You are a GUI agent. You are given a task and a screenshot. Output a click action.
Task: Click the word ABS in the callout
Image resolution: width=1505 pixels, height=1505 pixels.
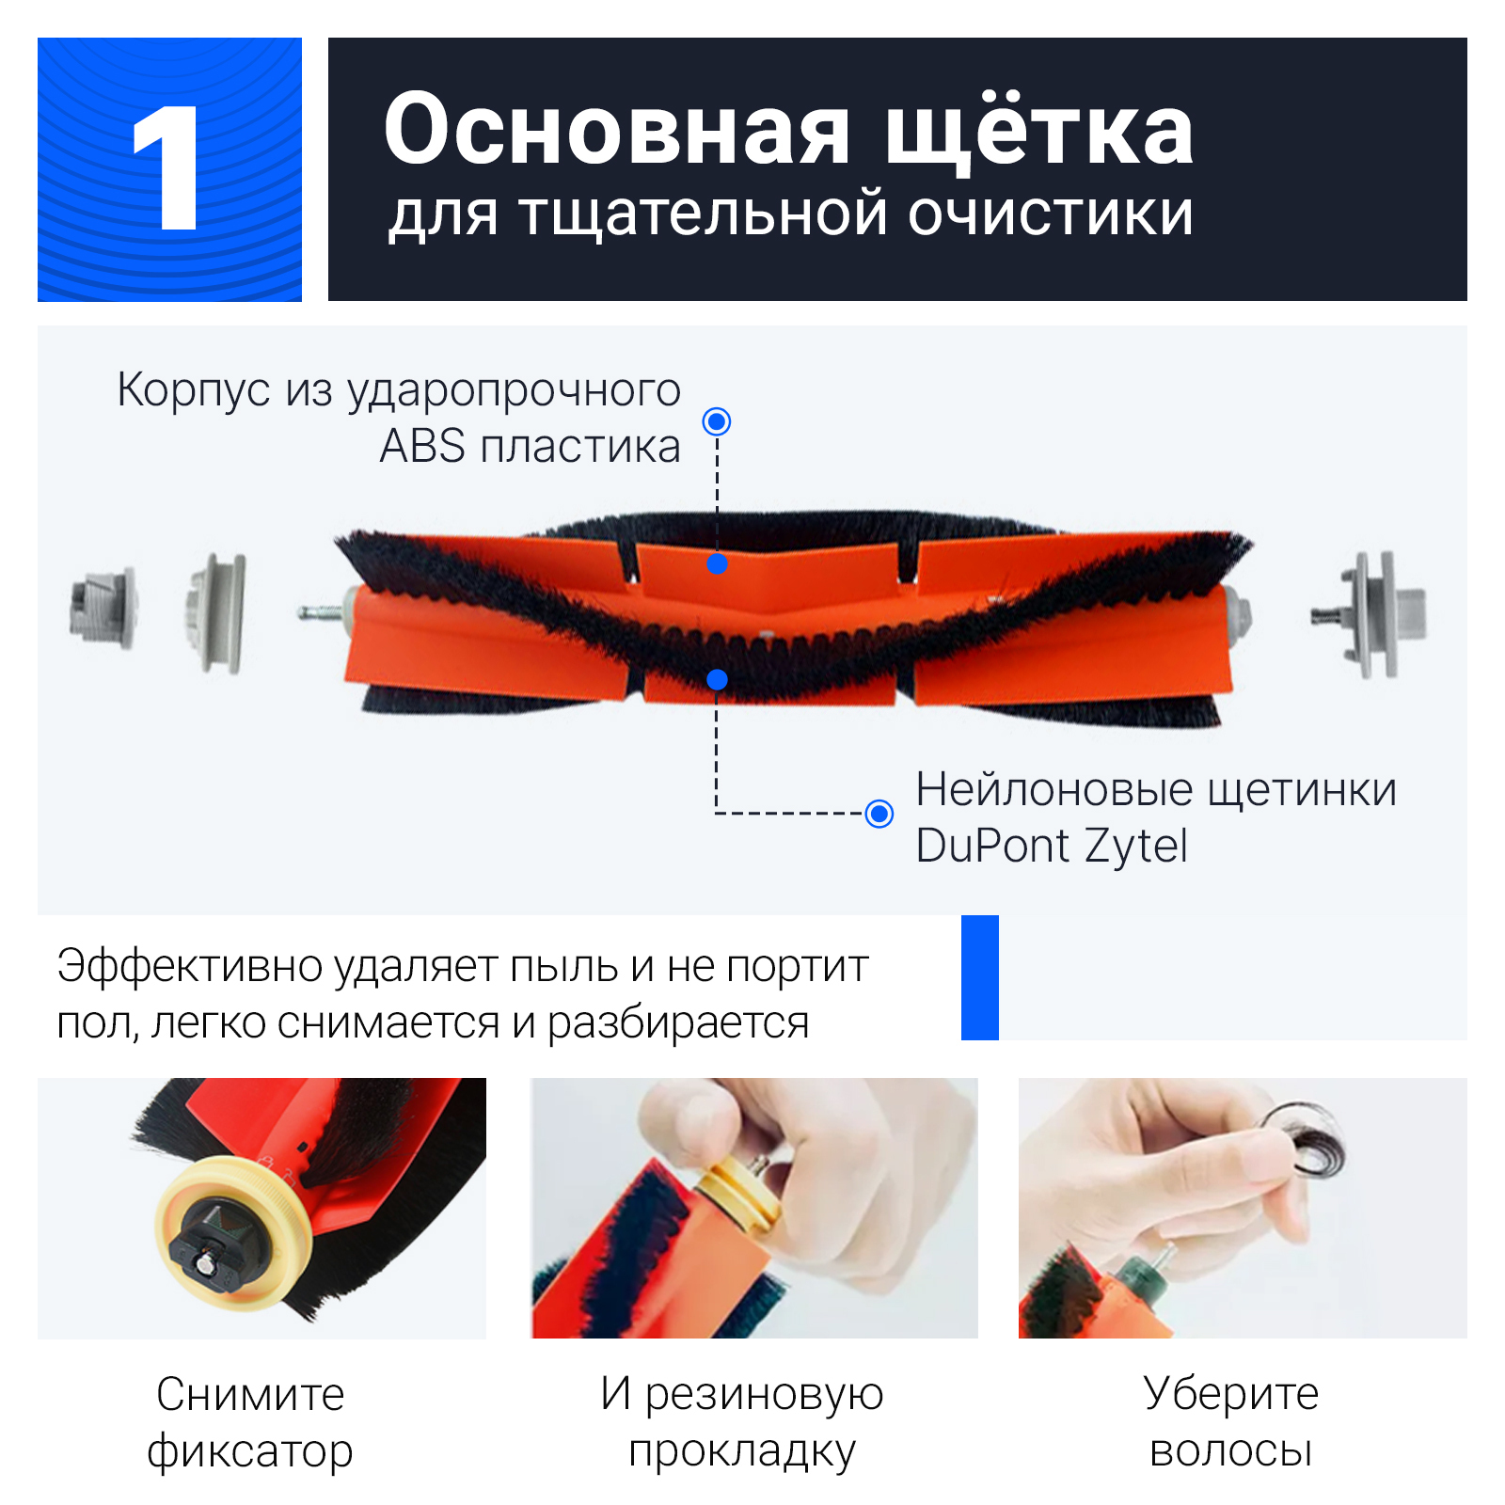click(422, 446)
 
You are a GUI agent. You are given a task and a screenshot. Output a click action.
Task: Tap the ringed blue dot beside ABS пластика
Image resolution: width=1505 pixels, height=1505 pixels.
click(717, 421)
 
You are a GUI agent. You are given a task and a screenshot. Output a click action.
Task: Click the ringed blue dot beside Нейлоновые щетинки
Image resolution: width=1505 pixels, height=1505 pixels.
click(879, 813)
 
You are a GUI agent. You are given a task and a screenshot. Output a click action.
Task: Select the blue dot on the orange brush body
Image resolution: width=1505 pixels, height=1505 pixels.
click(717, 564)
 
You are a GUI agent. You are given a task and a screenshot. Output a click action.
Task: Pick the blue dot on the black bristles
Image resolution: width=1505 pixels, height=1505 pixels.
click(717, 679)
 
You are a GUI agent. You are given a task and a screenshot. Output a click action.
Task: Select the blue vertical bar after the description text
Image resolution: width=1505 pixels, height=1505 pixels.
click(980, 977)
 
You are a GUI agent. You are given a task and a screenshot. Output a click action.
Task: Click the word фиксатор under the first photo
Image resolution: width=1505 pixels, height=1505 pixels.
click(250, 1451)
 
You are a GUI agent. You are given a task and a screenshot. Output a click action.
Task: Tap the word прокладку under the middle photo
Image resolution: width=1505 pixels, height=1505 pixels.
click(742, 1451)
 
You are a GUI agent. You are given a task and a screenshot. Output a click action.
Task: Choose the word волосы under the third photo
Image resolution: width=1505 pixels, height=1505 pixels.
click(1231, 1450)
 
